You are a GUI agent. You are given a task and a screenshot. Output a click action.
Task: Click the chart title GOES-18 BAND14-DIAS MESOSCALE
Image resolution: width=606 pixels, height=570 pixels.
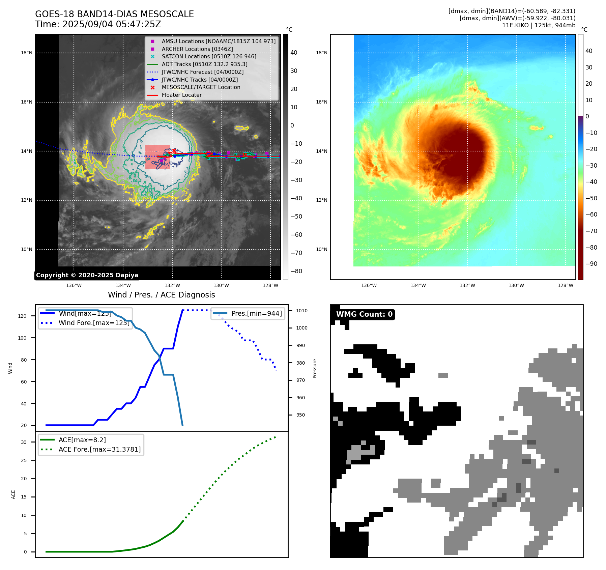tap(114, 14)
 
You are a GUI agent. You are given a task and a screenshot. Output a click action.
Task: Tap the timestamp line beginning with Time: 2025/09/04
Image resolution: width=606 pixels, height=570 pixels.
tap(98, 25)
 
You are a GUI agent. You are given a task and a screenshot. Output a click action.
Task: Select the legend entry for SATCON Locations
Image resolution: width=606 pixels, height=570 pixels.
tap(209, 56)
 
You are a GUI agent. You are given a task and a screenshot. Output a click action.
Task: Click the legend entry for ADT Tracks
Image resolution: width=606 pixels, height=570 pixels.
tap(204, 64)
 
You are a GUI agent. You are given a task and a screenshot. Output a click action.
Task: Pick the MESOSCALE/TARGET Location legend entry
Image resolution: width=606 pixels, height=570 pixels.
tap(201, 87)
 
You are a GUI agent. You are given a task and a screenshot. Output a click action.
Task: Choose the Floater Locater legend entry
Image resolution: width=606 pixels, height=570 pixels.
tap(181, 95)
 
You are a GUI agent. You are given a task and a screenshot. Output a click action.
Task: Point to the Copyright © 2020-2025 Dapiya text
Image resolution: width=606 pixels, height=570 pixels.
tap(87, 275)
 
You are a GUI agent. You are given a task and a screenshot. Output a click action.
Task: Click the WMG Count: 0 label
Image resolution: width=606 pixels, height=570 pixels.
tap(364, 314)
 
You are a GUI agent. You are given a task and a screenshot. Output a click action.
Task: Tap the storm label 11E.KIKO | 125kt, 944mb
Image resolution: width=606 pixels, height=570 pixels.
tap(539, 25)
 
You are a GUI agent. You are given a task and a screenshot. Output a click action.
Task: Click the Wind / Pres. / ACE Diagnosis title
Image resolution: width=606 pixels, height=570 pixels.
tap(161, 295)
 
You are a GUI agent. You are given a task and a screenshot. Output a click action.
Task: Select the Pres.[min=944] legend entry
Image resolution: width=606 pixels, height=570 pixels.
tap(256, 313)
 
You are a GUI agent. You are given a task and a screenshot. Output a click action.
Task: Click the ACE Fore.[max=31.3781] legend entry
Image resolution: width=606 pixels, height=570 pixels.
tap(99, 449)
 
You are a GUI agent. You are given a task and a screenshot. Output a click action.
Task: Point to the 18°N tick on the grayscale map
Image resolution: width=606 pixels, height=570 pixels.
tap(27, 53)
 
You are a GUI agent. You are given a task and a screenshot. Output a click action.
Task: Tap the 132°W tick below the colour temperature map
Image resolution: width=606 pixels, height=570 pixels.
tap(467, 285)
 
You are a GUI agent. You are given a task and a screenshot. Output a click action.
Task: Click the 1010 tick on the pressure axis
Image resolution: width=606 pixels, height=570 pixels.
tap(302, 311)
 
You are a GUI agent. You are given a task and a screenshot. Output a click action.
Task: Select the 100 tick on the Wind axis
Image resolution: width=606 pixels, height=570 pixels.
tap(22, 338)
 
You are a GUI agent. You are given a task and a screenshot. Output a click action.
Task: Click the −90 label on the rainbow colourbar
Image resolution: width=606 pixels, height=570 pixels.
tap(591, 264)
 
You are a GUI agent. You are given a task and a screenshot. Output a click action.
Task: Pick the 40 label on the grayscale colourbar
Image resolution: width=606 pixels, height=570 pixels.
tap(294, 53)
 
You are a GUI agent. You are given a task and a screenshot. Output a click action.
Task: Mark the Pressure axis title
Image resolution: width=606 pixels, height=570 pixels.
tap(315, 368)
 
